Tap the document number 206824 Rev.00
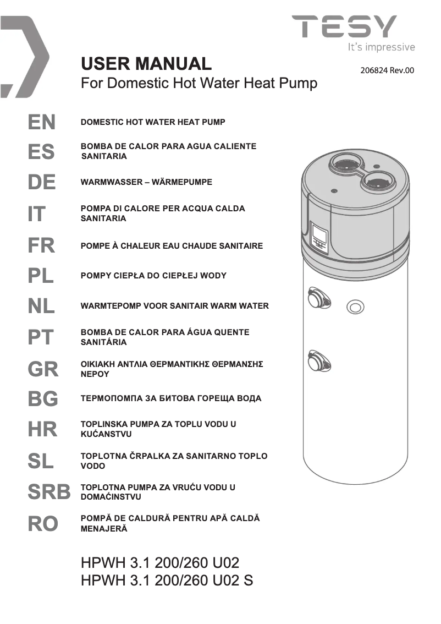coord(387,70)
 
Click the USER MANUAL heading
coord(146,64)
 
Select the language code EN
coord(42,122)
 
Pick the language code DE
coord(42,182)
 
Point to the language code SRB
coord(49,492)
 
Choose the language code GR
coord(43,369)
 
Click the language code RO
coord(43,524)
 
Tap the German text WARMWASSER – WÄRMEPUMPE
coord(146,182)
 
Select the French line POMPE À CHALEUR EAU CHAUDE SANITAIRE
coord(172,246)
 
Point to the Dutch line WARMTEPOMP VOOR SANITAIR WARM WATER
coord(175,306)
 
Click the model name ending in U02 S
coord(167,581)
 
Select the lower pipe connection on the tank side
coord(318,360)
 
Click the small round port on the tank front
coord(355,308)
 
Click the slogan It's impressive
coord(381,47)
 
